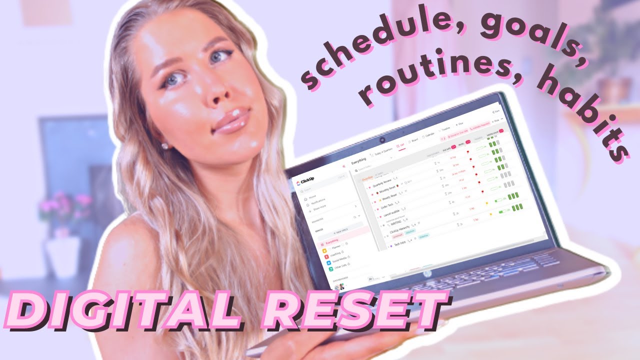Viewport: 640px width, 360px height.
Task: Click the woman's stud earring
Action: tap(164, 146)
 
